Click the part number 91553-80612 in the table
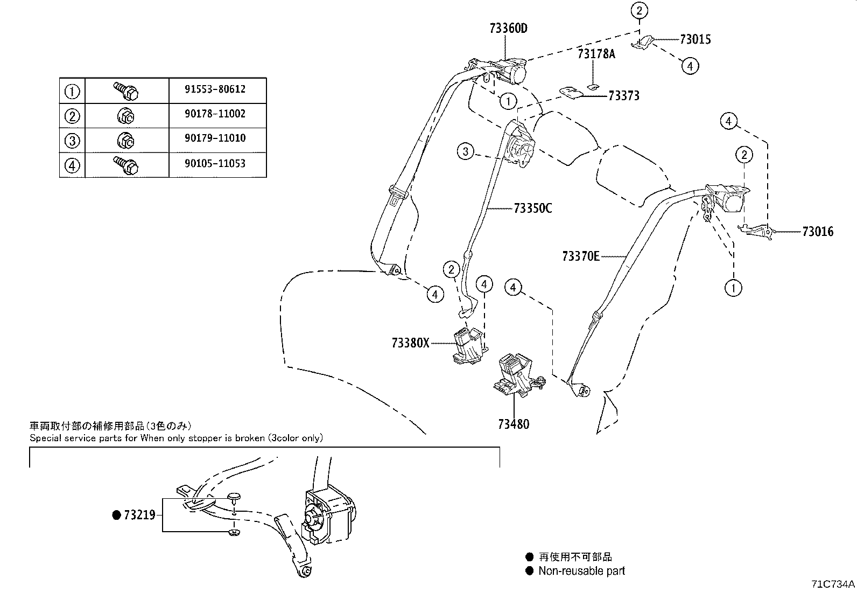[x=215, y=89]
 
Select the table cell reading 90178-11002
[x=215, y=114]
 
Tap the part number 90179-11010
[x=215, y=138]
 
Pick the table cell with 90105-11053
[x=215, y=164]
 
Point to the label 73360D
[x=508, y=29]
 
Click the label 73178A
[x=596, y=54]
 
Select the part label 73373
[x=623, y=96]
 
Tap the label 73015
[x=695, y=39]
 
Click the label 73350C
[x=532, y=208]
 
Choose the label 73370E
[x=580, y=256]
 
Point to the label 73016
[x=817, y=232]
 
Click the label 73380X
[x=410, y=343]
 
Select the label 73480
[x=513, y=424]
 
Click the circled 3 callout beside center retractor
[x=466, y=151]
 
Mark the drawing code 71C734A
[x=833, y=584]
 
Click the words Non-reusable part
[x=581, y=571]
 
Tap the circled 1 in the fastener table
[x=72, y=92]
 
